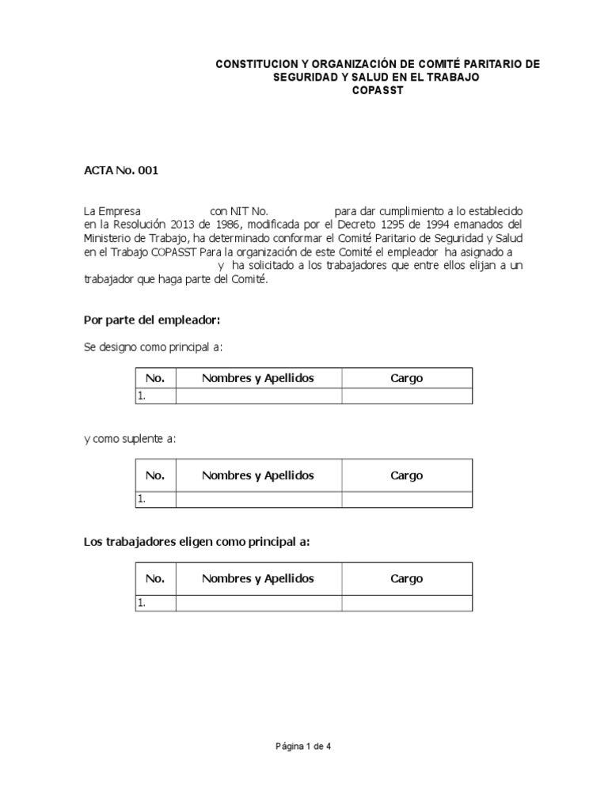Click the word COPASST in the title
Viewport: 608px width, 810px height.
click(x=378, y=91)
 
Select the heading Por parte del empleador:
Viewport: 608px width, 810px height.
click(x=151, y=320)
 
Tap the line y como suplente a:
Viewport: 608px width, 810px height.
click(x=130, y=439)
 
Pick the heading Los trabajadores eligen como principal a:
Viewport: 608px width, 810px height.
click(x=196, y=542)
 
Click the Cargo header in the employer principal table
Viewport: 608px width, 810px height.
click(x=407, y=378)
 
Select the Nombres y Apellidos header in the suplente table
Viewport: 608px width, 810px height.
click(x=258, y=475)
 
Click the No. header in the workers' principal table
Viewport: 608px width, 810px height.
click(x=155, y=578)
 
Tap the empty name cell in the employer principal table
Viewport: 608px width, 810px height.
click(x=258, y=396)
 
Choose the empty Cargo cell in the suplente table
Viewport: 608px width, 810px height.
click(x=407, y=499)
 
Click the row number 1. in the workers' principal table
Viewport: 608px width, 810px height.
click(x=142, y=603)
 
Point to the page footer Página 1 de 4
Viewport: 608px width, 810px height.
click(x=303, y=746)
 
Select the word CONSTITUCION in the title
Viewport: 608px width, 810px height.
click(x=255, y=64)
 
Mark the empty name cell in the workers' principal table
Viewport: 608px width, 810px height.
click(x=258, y=603)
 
